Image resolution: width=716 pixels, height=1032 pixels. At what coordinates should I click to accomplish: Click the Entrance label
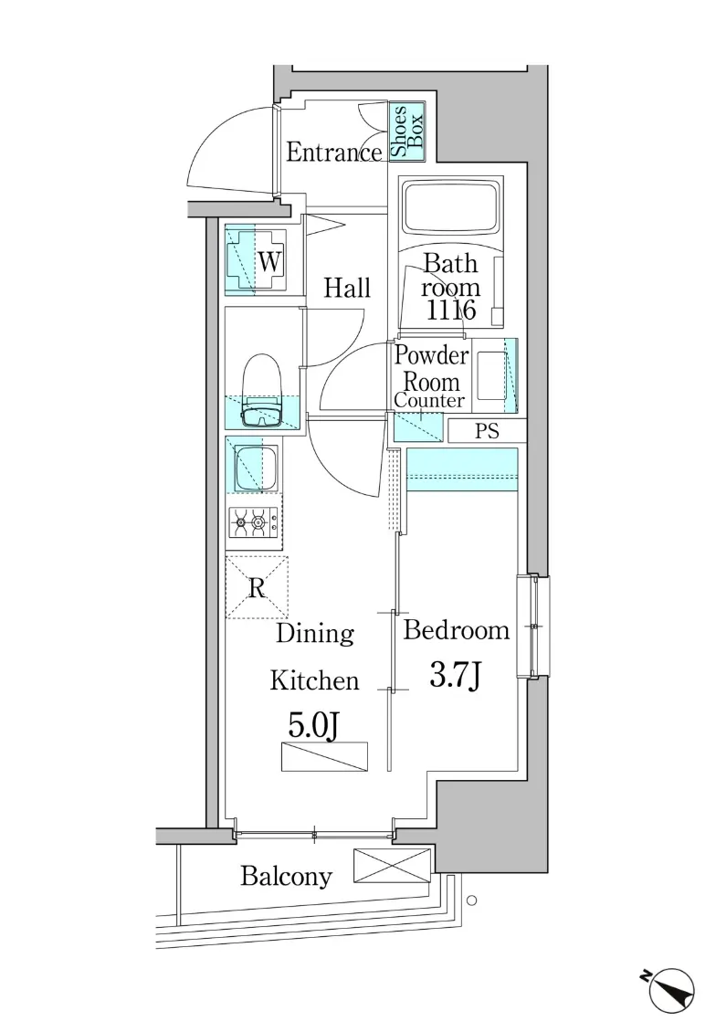(333, 153)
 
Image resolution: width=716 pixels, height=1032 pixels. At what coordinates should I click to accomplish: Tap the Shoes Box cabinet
(407, 131)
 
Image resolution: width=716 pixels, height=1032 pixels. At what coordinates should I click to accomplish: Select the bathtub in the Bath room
(451, 206)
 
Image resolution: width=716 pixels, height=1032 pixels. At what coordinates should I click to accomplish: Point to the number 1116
(451, 310)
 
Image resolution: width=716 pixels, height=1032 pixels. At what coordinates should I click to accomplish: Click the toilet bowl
(263, 391)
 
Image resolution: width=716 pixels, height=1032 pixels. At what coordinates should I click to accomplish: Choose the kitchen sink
(256, 467)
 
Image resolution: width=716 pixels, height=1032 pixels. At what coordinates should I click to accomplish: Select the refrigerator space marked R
(257, 588)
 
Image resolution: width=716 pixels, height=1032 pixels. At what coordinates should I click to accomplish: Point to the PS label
(487, 431)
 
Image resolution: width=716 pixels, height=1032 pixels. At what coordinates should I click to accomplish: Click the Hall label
(347, 288)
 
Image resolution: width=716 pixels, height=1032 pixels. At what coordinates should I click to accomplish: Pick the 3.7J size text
(456, 675)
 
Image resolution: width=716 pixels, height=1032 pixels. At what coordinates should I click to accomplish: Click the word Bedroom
(456, 630)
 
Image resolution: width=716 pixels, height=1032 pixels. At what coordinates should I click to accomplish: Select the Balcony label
(286, 876)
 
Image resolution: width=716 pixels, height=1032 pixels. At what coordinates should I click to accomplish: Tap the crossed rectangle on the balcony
(392, 866)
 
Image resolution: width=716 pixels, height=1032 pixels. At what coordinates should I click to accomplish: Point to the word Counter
(429, 400)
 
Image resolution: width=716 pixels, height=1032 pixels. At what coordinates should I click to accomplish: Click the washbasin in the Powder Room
(491, 375)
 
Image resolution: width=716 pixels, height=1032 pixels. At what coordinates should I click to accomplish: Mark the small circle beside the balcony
(471, 900)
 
